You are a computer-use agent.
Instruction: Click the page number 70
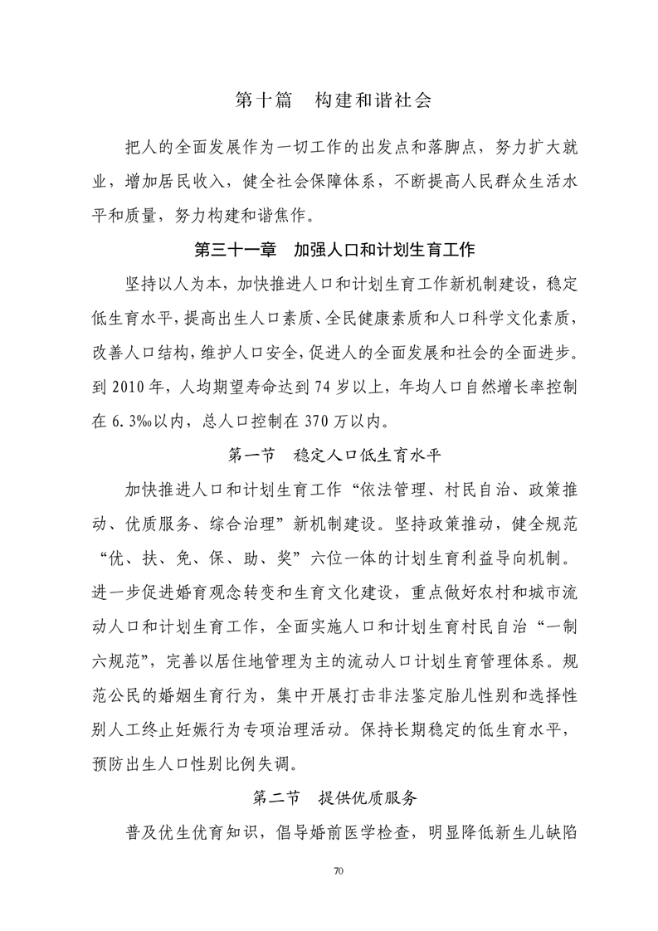click(x=337, y=870)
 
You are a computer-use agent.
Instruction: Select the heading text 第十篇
click(x=263, y=101)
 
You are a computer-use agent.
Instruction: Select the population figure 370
click(x=320, y=421)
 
